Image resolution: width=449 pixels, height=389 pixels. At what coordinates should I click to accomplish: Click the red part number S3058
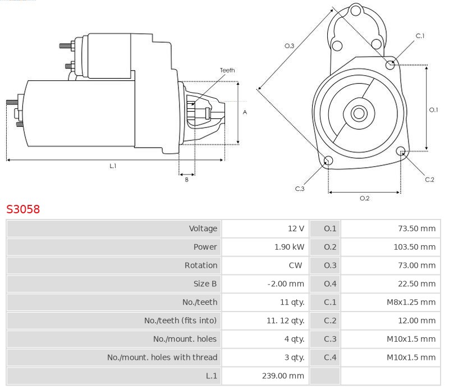[x=23, y=209]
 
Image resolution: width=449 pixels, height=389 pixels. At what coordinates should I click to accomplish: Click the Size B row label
[x=205, y=283]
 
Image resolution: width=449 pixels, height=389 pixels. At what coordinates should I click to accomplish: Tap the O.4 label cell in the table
[x=330, y=283]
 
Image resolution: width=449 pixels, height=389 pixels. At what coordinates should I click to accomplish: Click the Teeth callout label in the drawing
[x=227, y=70]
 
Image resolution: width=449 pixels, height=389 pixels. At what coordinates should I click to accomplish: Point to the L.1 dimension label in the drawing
[x=113, y=166]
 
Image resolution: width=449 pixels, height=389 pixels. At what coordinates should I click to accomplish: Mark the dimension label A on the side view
[x=245, y=112]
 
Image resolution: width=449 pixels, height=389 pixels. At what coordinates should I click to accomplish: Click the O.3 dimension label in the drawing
[x=290, y=46]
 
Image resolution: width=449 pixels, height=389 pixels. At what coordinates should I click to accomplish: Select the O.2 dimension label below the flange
[x=364, y=198]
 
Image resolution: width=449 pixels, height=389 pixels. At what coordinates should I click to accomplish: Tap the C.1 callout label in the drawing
[x=420, y=36]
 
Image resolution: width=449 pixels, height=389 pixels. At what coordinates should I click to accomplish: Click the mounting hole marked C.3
[x=329, y=162]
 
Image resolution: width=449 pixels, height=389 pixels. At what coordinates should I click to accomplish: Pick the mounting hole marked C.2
[x=401, y=152]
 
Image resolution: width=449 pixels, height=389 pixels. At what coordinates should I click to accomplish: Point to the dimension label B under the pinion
[x=187, y=180]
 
